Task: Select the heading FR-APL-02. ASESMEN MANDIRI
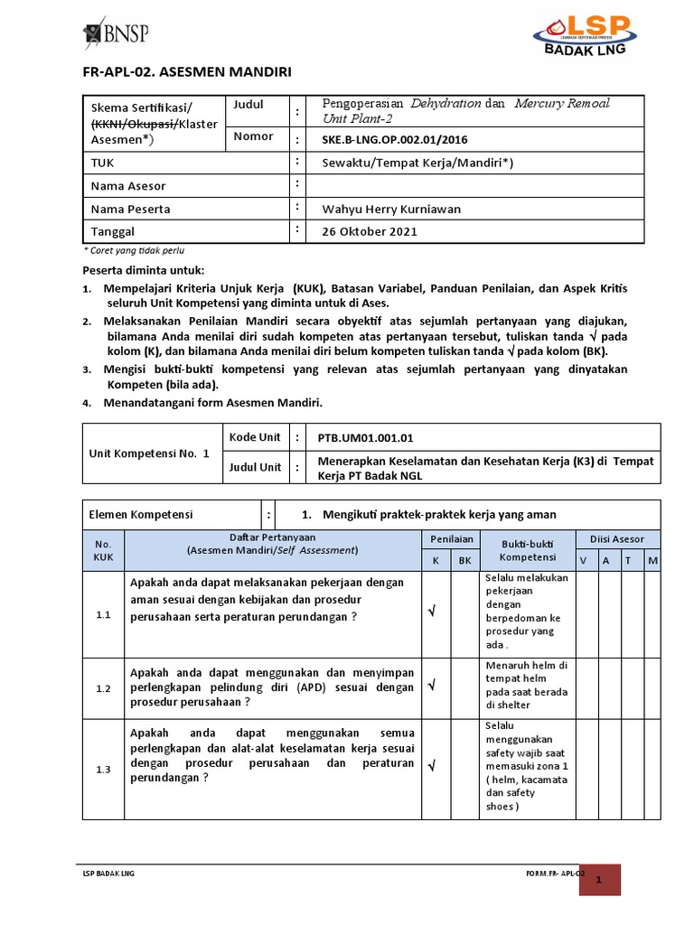click(x=188, y=72)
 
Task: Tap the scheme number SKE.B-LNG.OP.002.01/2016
click(x=396, y=140)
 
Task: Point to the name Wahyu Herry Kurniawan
click(x=391, y=209)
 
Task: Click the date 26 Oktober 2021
click(x=370, y=231)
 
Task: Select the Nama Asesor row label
click(x=128, y=186)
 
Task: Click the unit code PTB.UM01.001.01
click(x=365, y=438)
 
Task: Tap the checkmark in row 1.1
click(x=432, y=613)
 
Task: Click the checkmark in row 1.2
click(x=432, y=687)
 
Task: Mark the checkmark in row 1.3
click(x=432, y=766)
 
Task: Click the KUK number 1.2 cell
click(x=103, y=688)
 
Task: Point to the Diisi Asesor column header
click(x=617, y=539)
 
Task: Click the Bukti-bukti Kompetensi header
click(x=527, y=549)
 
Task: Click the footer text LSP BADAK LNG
click(x=108, y=874)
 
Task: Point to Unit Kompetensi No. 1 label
click(x=149, y=453)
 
